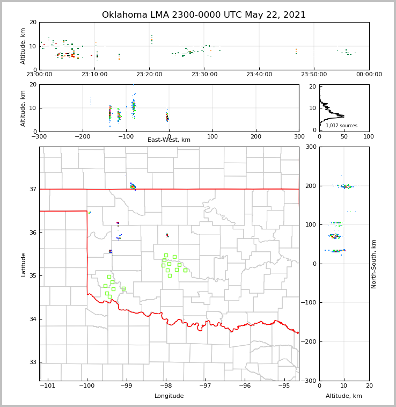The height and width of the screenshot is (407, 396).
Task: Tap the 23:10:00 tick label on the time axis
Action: point(94,75)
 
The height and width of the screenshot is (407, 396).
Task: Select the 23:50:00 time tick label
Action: point(314,75)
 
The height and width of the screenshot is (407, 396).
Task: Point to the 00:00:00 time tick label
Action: point(369,75)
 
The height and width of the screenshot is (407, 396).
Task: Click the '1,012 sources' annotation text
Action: point(341,126)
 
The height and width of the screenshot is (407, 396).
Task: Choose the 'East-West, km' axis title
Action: point(169,140)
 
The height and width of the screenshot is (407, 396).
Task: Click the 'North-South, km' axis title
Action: point(374,264)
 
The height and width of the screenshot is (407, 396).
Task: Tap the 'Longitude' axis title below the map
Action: point(169,396)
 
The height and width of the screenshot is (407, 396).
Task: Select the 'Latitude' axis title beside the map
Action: point(24,264)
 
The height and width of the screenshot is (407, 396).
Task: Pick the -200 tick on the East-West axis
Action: point(82,136)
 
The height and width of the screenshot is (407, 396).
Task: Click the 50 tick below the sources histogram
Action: point(344,136)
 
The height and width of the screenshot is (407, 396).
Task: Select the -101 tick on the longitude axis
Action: point(48,386)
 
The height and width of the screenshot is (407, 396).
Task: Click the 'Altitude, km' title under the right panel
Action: point(344,396)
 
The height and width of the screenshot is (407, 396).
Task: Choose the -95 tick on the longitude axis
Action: point(284,386)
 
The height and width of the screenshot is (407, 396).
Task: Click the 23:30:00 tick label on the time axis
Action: point(204,75)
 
